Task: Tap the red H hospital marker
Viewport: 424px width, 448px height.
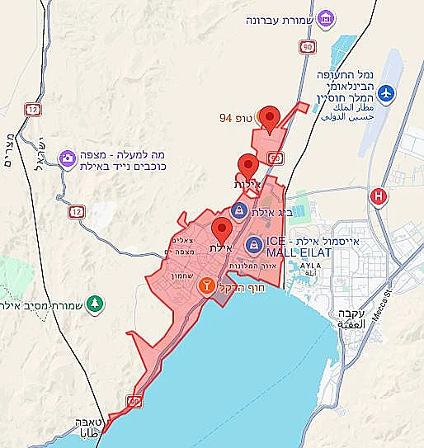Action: (379, 196)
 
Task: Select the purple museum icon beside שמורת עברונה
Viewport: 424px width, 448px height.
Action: (327, 17)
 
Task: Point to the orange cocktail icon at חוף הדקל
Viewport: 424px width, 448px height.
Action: (207, 285)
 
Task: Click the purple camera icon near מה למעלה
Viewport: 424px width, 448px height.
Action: (66, 158)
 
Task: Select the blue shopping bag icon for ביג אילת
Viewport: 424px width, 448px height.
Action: (239, 210)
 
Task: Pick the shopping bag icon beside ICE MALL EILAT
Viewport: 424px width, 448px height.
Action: (253, 245)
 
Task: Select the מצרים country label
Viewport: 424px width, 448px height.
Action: (10, 149)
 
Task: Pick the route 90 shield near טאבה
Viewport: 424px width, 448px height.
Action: (134, 402)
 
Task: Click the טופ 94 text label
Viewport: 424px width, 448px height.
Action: (237, 119)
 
